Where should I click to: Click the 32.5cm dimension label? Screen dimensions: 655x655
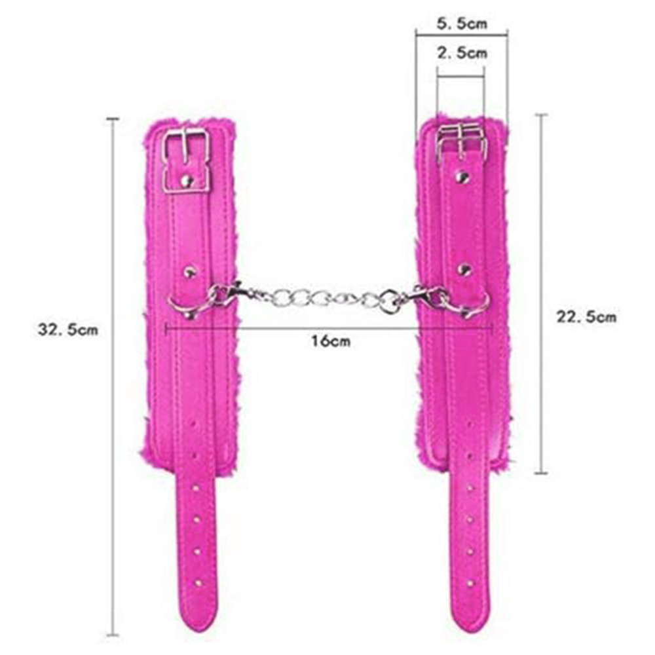point(68,329)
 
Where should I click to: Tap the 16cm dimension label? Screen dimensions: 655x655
point(331,341)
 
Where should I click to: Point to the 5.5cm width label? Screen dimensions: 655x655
point(462,23)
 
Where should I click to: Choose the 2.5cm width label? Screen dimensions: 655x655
point(462,53)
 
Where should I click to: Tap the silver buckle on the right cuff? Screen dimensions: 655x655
point(462,142)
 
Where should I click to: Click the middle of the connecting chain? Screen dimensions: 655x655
point(322,297)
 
